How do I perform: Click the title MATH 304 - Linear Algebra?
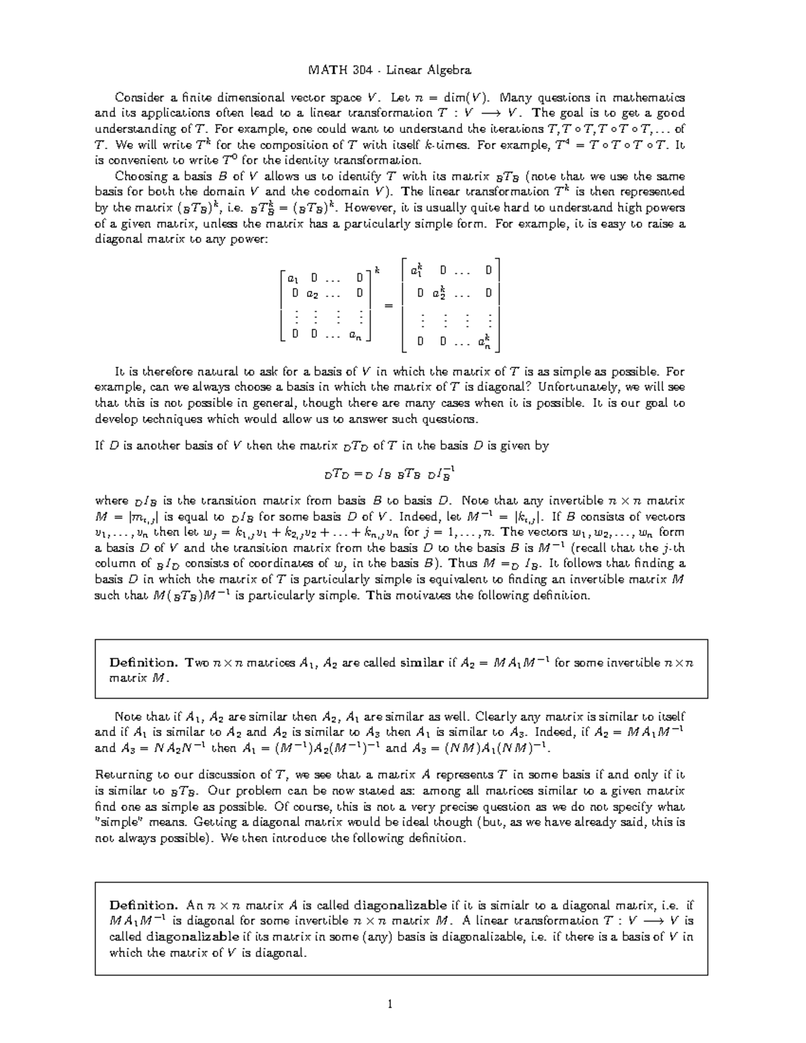[x=389, y=70]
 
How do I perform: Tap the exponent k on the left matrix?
[x=377, y=270]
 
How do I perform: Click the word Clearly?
[x=494, y=717]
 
